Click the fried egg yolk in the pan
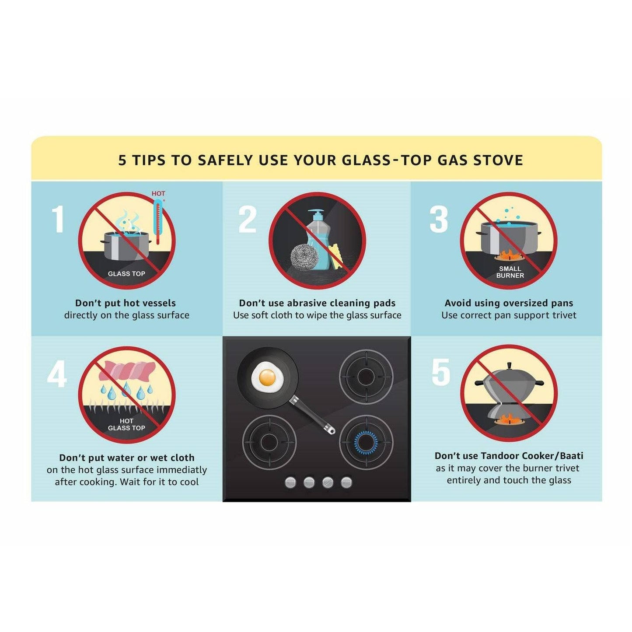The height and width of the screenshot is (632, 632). (x=268, y=377)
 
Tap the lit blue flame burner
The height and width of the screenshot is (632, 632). (x=366, y=442)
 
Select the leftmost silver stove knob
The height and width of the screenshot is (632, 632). (x=290, y=482)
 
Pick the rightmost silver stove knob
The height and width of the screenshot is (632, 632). (x=347, y=482)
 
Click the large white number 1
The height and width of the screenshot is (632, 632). (x=58, y=219)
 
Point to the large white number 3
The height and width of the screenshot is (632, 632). (x=439, y=219)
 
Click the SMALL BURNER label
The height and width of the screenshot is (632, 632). (x=510, y=272)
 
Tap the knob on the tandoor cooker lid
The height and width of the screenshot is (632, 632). (x=509, y=365)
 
